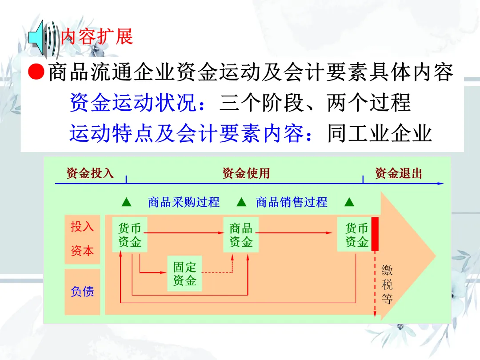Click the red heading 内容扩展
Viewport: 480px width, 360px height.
tap(97, 36)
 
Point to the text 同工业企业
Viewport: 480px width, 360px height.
tap(380, 133)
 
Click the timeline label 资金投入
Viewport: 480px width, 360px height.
tap(90, 173)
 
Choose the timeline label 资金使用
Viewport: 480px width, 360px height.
tap(246, 173)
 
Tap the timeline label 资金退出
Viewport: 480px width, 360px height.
tap(398, 173)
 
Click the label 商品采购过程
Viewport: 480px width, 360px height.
tap(184, 202)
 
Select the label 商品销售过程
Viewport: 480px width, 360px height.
tap(292, 202)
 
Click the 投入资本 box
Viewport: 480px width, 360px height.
tap(83, 239)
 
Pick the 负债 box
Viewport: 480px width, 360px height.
tap(83, 292)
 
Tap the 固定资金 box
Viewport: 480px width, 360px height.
tap(184, 273)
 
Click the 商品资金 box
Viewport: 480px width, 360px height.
tap(241, 235)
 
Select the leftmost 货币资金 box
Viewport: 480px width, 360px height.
tap(130, 235)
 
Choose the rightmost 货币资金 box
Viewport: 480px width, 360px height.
tap(357, 235)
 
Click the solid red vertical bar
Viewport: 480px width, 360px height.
tap(375, 234)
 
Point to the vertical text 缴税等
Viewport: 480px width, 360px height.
tap(387, 284)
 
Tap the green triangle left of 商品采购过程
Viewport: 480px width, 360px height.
tap(126, 203)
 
